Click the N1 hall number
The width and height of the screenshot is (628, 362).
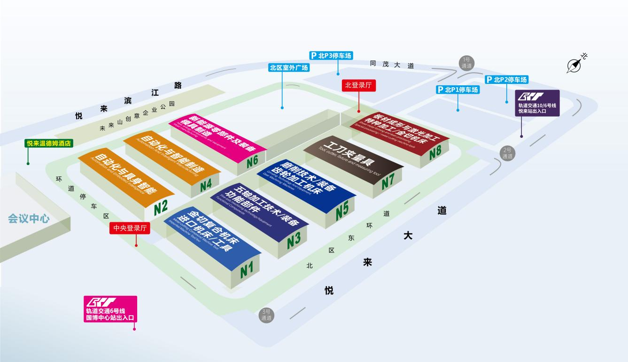pos(247,269)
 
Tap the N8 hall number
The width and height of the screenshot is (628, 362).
pos(435,151)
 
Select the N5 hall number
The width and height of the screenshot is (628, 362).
pos(342,210)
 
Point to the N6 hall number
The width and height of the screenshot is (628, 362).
pos(252,161)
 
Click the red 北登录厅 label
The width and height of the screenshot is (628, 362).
pos(358,85)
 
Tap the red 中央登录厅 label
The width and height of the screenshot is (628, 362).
pos(130,228)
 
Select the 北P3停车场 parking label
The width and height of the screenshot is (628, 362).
pos(331,56)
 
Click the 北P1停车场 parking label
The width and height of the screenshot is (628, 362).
pos(458,90)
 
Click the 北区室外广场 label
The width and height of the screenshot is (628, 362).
pos(289,68)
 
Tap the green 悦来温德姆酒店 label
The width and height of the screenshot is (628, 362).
pos(49,143)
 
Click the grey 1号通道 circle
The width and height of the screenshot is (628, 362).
pos(466,62)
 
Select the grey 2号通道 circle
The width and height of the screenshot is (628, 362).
pos(507,153)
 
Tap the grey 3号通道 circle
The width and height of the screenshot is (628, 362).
pos(266,315)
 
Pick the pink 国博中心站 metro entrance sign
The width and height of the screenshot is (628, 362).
pos(110,309)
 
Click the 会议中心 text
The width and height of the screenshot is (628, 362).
pos(29,219)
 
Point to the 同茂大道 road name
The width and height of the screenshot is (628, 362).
pos(392,65)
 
